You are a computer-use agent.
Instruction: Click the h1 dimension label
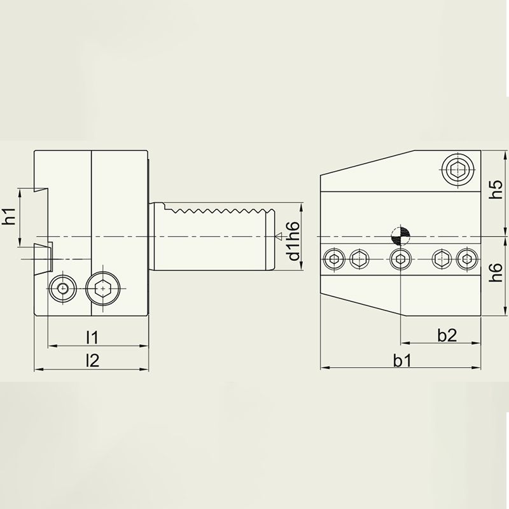coord(10,216)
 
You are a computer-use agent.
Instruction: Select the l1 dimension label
coord(92,338)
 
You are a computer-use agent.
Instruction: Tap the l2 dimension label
coord(92,360)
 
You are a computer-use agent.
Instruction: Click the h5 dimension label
coord(496,190)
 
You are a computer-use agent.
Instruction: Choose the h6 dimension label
coord(496,273)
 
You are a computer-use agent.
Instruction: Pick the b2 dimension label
coord(447,335)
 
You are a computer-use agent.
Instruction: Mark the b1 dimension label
coord(402,360)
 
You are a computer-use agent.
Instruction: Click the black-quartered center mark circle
coord(401,236)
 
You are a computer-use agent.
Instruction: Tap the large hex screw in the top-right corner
coord(457,169)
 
